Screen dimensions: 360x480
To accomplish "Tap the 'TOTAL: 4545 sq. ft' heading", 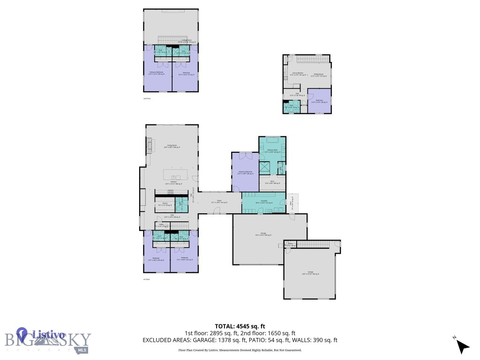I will [x=240, y=326].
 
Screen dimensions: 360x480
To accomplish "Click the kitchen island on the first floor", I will [x=178, y=174].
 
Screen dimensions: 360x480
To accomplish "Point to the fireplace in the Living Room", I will [x=150, y=147].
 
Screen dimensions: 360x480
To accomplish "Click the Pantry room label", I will [x=165, y=204].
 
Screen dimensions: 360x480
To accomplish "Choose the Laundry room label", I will [x=264, y=201].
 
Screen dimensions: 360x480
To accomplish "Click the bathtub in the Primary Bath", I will [x=272, y=140].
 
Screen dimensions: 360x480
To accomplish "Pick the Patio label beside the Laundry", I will [x=292, y=203].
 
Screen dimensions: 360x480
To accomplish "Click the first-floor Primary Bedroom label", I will [x=245, y=172].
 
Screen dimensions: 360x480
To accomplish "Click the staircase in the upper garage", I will [x=312, y=245].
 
